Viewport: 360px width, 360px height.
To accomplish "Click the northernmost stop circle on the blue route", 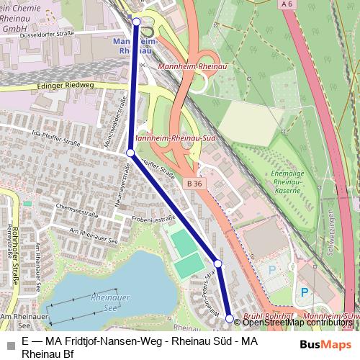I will pos(137,22).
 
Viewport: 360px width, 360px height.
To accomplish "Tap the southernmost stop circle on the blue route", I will pos(230,318).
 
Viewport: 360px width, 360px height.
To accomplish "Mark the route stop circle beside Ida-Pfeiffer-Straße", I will pos(130,153).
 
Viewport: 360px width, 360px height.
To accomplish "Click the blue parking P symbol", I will pos(304,292).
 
